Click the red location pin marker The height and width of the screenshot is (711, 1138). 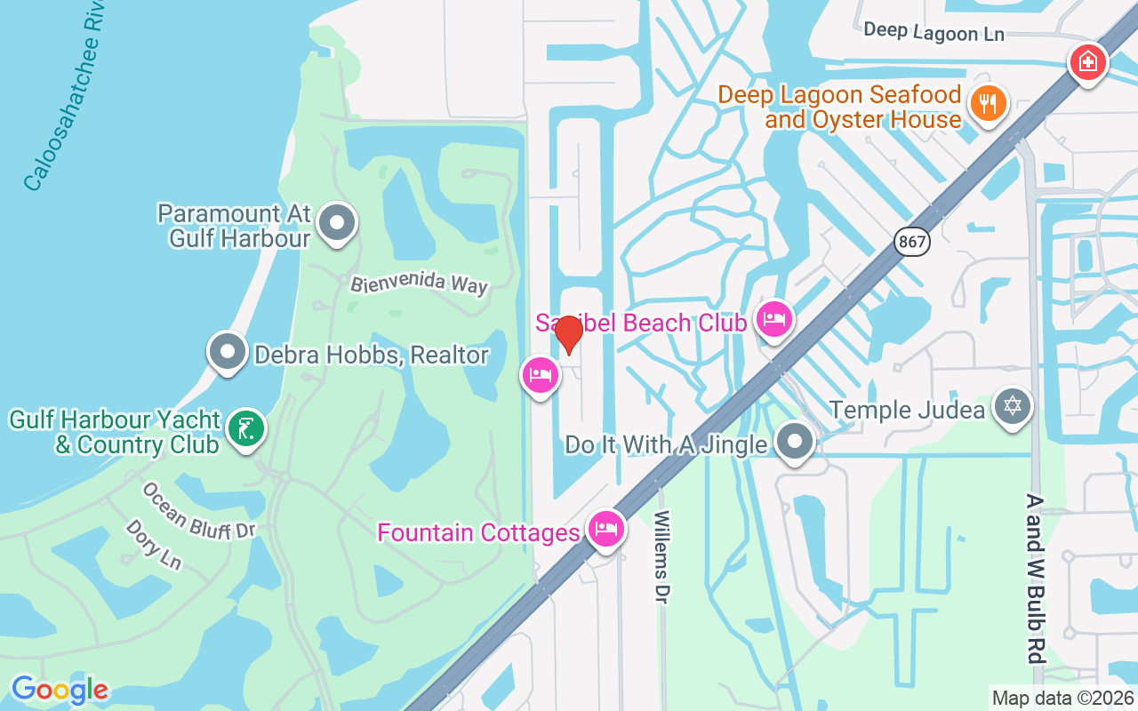coord(568,335)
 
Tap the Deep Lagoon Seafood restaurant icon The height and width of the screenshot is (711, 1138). coord(987,104)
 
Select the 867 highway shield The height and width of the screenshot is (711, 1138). coord(911,241)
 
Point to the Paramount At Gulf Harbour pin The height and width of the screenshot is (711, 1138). coord(337,224)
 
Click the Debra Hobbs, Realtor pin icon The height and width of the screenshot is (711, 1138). coord(228,352)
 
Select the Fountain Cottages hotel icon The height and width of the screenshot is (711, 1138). coord(606,530)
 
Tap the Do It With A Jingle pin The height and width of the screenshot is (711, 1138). coord(794,442)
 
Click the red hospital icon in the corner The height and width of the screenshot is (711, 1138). coord(1087,62)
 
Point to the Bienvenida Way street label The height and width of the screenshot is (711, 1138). coord(419,284)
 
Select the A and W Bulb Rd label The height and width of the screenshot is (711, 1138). coord(1034,579)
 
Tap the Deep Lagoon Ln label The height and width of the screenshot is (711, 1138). coord(934,32)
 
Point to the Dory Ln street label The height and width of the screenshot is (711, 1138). coord(153,544)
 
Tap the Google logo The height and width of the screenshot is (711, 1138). coord(60,690)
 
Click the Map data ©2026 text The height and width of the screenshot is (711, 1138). coord(1062,698)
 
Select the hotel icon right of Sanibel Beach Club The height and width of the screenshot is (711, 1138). coord(773,320)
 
